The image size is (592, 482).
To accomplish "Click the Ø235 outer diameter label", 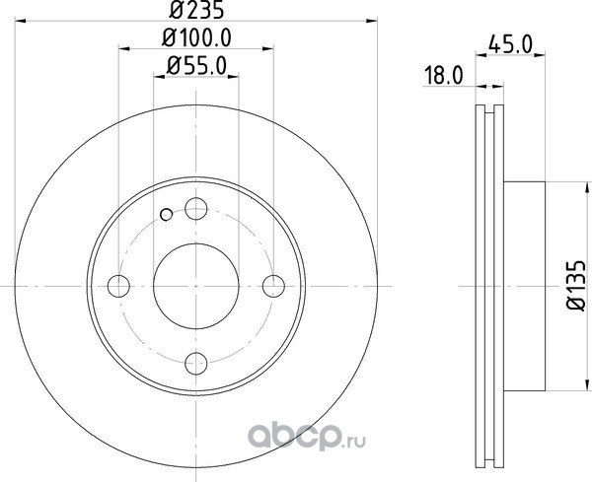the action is coord(196,10).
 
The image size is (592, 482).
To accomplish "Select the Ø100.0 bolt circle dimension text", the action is coord(196,38).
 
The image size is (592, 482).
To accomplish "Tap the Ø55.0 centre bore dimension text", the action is coord(196,66).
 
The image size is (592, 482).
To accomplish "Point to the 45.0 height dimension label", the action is coord(510,43).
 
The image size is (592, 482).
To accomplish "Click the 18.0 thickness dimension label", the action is coord(443,75).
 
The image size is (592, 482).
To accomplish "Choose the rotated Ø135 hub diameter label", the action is coord(576,286).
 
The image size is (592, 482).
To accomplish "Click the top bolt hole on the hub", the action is coord(196,209).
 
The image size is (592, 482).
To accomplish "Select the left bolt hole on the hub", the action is coord(118,286).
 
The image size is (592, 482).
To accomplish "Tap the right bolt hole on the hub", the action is coord(273,286).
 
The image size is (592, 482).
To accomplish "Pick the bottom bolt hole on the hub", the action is coord(196,363).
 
